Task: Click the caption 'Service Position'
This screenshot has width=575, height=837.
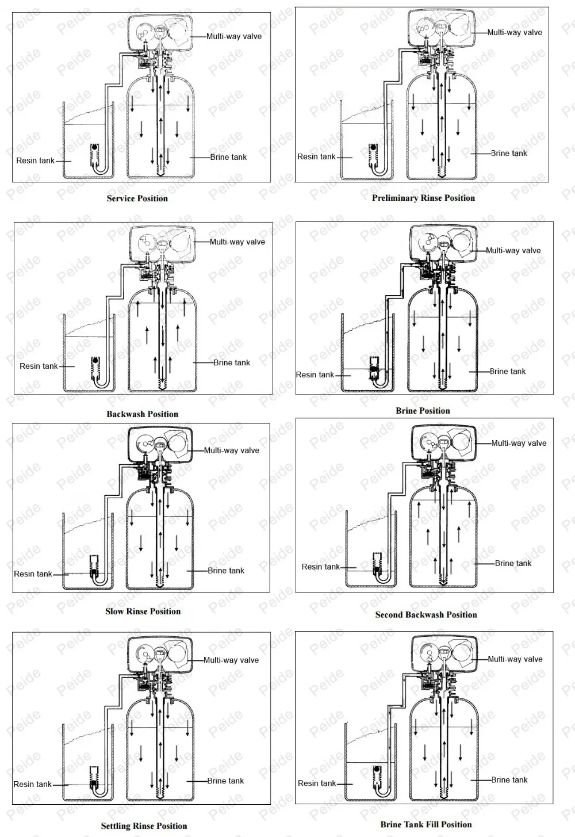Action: (x=137, y=198)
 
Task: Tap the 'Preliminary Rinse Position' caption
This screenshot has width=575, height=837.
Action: (x=423, y=198)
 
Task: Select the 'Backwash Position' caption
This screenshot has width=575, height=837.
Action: (x=142, y=414)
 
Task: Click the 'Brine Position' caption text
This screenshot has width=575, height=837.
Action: (x=423, y=411)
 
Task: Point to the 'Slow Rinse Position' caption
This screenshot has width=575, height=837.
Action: (x=143, y=611)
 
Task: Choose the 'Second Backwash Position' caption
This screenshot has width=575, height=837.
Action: (x=426, y=614)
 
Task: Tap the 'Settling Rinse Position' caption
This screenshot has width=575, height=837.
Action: (x=144, y=826)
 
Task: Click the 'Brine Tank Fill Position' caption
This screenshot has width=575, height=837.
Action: (x=426, y=824)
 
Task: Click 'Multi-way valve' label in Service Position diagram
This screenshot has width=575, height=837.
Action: (x=234, y=36)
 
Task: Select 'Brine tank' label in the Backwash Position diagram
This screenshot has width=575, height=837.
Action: (x=232, y=362)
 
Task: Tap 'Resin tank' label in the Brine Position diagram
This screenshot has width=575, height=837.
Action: (x=315, y=374)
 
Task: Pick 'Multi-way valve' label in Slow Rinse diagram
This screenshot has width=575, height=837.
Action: (x=231, y=450)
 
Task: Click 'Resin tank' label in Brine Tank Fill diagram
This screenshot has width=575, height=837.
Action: (x=316, y=783)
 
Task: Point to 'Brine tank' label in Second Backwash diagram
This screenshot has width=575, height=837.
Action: (x=513, y=563)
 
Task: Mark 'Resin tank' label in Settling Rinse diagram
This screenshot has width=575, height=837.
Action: (x=33, y=784)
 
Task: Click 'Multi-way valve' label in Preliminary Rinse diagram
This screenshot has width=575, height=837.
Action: (x=515, y=32)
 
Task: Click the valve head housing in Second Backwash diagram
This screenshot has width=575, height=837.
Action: (x=443, y=442)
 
